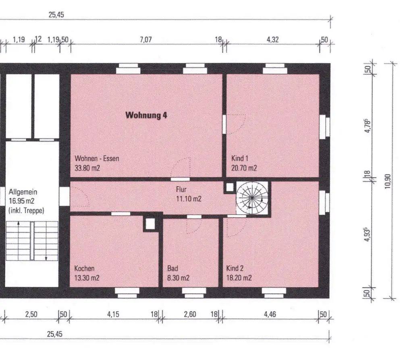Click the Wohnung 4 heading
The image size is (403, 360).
[x=146, y=115]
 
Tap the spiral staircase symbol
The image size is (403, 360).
[x=252, y=198]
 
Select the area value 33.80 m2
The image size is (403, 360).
[x=87, y=168]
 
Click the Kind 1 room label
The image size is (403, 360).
[x=239, y=158]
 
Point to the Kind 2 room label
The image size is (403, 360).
[x=235, y=268]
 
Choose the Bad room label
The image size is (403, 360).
[x=172, y=268]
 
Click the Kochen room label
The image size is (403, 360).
[x=84, y=268]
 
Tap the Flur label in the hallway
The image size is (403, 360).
[x=181, y=190]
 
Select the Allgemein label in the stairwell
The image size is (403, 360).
[x=23, y=192]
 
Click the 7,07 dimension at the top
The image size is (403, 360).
[x=146, y=40]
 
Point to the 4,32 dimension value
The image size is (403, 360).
[x=272, y=40]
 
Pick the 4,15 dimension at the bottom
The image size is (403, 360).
[x=113, y=314]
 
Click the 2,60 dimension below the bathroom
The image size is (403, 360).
[x=190, y=314]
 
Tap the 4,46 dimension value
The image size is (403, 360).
[x=270, y=314]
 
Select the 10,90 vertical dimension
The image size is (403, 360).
[x=388, y=181]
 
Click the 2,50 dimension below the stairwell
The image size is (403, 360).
[x=31, y=314]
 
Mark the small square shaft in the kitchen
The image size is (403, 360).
[x=150, y=224]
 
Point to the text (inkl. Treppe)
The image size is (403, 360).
[x=26, y=211]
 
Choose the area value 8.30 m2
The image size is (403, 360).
[x=178, y=278]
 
